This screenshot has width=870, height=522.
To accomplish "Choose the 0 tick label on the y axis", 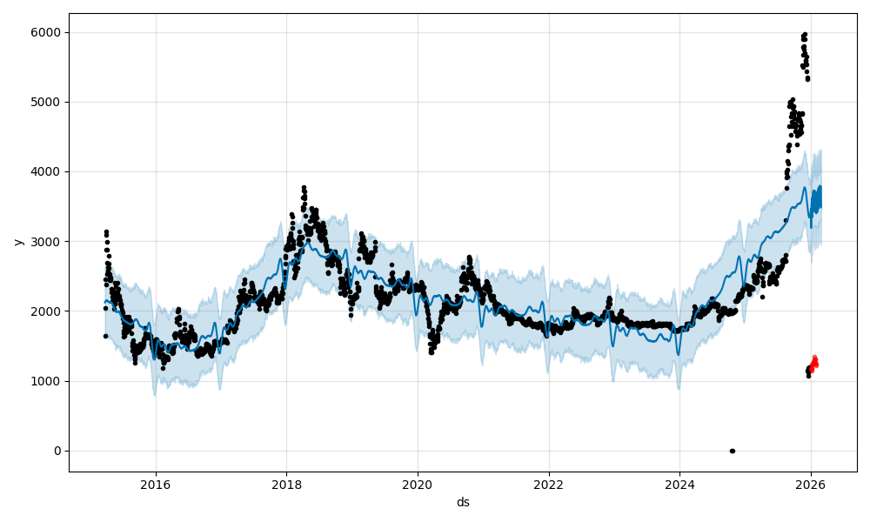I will point(57,451).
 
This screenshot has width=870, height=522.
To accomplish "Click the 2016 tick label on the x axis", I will point(156,485).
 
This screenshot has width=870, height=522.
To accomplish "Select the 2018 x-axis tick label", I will point(286,485).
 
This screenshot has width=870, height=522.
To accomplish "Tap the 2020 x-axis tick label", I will point(418,485).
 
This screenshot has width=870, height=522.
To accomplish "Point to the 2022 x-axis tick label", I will point(549,485).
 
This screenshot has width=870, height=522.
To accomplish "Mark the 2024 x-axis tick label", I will point(679,485).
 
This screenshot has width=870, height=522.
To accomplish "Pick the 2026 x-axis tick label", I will point(811,485).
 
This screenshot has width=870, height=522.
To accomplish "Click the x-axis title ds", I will point(463,502).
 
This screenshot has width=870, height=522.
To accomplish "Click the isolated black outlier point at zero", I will point(732,451).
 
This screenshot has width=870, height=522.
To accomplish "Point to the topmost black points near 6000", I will point(805,35).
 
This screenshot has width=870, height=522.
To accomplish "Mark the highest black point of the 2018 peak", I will point(304,187).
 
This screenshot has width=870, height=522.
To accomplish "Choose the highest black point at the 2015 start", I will point(106,231).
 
